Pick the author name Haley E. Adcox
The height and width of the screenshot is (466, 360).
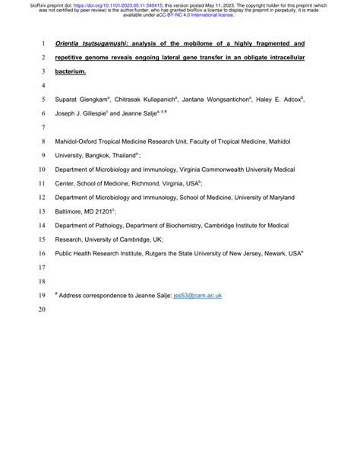(280, 99)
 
